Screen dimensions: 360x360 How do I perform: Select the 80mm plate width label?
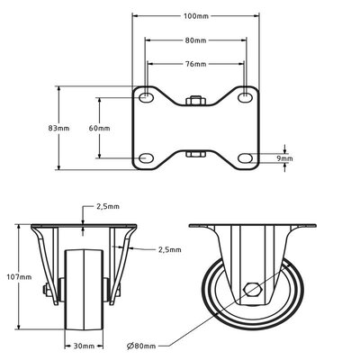(x=194, y=40)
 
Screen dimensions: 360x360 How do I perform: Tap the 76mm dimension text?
(x=194, y=64)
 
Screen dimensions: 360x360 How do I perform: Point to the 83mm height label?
(x=60, y=129)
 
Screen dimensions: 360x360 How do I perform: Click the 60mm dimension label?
(x=100, y=129)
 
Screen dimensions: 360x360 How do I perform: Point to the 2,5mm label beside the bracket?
(x=168, y=249)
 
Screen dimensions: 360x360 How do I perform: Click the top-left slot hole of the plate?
(x=146, y=95)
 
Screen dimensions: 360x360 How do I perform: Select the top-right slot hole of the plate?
(x=244, y=95)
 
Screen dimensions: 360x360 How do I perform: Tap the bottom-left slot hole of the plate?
(x=146, y=160)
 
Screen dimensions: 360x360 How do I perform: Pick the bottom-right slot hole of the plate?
(x=244, y=160)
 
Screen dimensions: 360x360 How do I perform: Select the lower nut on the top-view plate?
(x=194, y=154)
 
